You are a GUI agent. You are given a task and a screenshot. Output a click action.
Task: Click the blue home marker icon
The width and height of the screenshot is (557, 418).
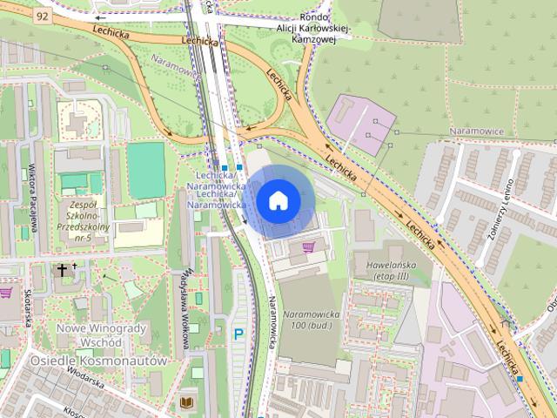click(x=278, y=201)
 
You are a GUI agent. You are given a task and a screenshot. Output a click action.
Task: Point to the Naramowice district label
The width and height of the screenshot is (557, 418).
click(x=476, y=131)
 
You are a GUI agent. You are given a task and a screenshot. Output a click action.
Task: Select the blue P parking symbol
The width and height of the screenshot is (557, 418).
click(x=238, y=334)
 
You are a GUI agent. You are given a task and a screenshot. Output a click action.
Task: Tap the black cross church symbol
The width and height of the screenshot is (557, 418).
click(x=62, y=270)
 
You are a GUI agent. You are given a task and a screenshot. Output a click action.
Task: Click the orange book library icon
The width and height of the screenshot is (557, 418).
click(x=187, y=401)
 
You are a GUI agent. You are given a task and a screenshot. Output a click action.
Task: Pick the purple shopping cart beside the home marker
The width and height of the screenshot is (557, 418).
click(x=308, y=247)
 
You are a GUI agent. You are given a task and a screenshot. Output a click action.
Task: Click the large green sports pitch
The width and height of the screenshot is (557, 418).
click(x=145, y=169)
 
